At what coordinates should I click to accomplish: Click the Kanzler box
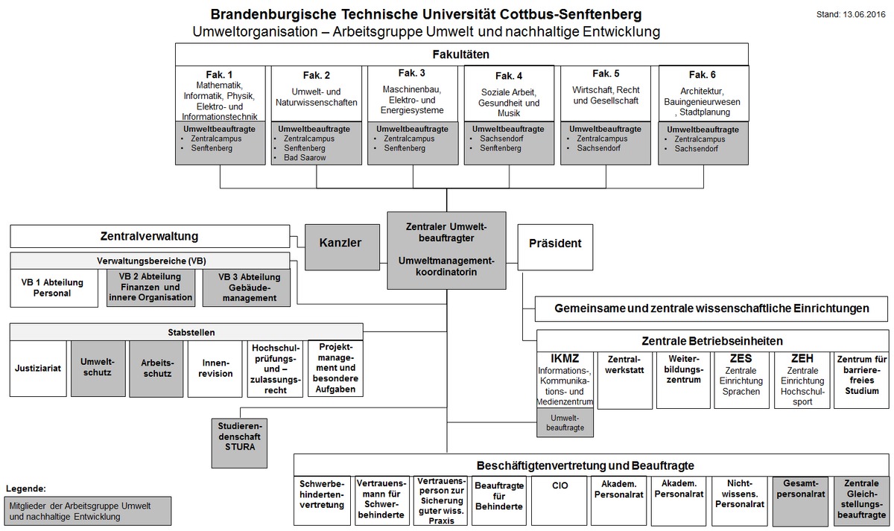(342, 247)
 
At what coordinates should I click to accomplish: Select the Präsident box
(555, 247)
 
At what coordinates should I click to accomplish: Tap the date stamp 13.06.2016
(864, 15)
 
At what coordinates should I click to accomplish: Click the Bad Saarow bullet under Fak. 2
(305, 158)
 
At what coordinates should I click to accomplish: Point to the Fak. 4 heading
(509, 76)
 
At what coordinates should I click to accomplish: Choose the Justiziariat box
(38, 368)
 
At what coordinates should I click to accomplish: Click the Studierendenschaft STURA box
(239, 443)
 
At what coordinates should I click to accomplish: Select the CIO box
(559, 500)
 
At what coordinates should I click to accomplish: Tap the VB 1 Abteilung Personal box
(54, 288)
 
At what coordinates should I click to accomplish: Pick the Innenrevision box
(215, 369)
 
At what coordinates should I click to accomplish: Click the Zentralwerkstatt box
(624, 381)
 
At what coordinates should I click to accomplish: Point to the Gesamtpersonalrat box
(800, 501)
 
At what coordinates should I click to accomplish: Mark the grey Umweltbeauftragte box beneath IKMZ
(565, 423)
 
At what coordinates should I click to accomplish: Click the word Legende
(26, 489)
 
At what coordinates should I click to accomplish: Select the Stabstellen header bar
(186, 332)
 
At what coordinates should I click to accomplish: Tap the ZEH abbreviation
(802, 358)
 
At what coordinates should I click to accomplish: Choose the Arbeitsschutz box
(156, 369)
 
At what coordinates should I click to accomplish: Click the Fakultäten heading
(461, 54)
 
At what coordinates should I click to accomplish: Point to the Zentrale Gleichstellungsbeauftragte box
(861, 501)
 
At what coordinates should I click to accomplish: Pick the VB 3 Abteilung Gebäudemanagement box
(247, 288)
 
